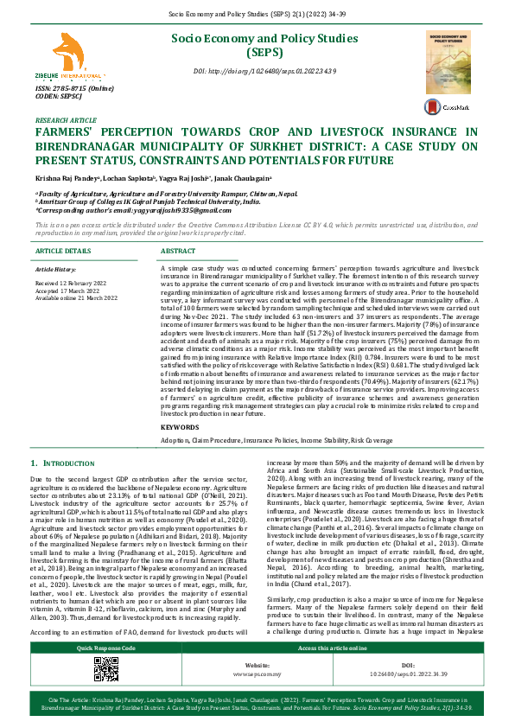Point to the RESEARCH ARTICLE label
pyautogui.click(x=66, y=120)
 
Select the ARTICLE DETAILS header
pyautogui.click(x=62, y=251)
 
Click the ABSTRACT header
pyautogui.click(x=178, y=251)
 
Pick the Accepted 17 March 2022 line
pyautogui.click(x=66, y=291)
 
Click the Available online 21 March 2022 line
pyautogui.click(x=76, y=297)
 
